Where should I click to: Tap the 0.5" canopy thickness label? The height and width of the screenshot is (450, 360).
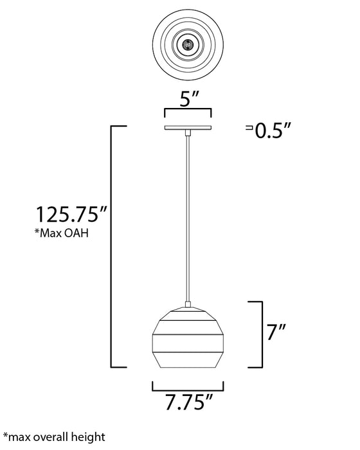pos(273,131)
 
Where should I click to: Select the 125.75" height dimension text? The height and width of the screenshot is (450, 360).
pos(71,214)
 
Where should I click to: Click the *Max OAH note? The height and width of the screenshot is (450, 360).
pos(62,233)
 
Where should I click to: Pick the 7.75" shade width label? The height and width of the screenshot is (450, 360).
pos(188,402)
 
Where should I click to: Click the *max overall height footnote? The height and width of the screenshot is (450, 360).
pos(54,437)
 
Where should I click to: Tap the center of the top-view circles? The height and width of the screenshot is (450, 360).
pos(188,44)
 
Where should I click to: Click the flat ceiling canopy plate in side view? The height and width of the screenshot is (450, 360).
pos(188,127)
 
